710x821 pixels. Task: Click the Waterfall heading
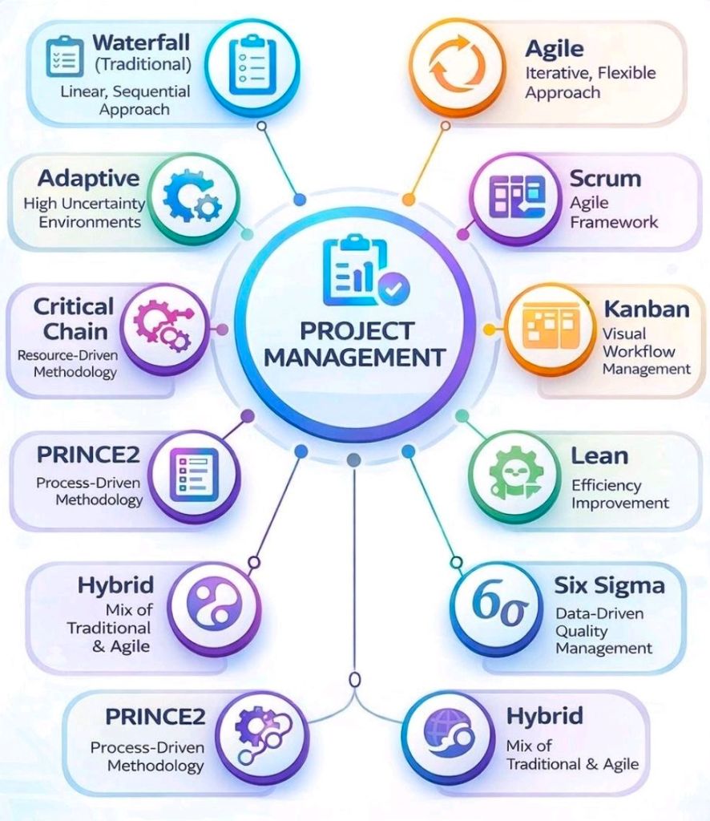141,42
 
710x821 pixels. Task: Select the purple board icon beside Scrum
516,197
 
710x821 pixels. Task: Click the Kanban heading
647,309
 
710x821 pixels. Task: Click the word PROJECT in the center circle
357,331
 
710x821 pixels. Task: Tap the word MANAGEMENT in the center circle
355,358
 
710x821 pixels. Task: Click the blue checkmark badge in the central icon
394,288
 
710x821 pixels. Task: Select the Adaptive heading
88,178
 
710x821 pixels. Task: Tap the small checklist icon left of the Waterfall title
65,57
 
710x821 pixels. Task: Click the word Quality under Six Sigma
581,632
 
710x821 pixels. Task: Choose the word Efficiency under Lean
607,485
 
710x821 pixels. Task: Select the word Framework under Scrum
614,222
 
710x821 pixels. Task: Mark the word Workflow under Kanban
639,351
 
